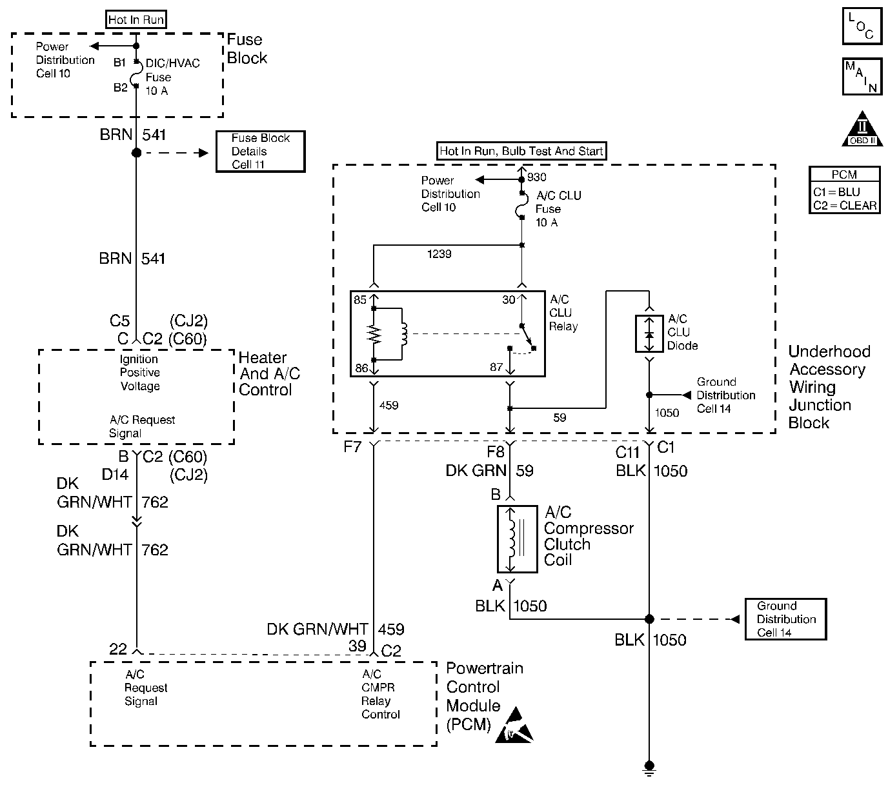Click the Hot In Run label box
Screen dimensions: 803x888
click(136, 20)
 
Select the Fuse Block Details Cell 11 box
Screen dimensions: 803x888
click(260, 152)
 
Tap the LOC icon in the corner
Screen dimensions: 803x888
click(862, 26)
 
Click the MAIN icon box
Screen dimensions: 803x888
click(862, 77)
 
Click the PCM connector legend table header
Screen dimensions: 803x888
click(844, 175)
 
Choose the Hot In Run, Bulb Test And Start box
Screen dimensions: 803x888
click(521, 152)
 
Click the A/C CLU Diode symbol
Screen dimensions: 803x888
click(649, 334)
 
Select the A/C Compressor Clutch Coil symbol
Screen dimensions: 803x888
click(517, 539)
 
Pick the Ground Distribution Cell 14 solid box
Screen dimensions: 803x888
click(785, 619)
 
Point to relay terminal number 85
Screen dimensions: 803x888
click(360, 300)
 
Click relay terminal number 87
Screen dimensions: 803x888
click(496, 368)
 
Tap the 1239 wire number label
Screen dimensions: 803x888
click(439, 254)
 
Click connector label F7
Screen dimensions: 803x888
click(352, 446)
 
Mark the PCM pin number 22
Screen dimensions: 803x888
click(118, 649)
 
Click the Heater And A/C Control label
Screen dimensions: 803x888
click(269, 374)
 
